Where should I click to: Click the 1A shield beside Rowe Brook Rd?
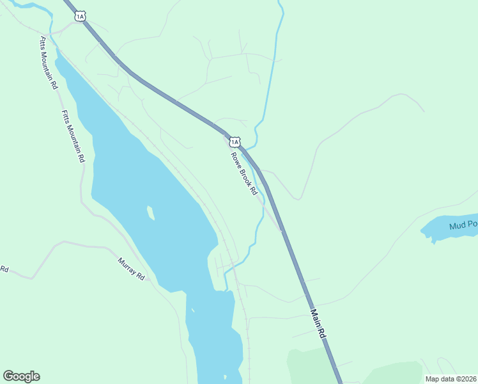point(235,141)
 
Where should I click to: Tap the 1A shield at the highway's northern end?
point(79,17)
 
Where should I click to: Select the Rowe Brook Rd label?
point(243,173)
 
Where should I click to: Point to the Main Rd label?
point(318,324)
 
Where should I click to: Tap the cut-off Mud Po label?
point(463,225)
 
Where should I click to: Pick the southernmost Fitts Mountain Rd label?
point(73,136)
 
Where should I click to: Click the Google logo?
point(21,376)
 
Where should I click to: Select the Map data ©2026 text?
point(451,379)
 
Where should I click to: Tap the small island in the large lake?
point(151,212)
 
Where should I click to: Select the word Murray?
point(128,267)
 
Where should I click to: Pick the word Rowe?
point(235,159)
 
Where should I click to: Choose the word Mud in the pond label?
point(456,225)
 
